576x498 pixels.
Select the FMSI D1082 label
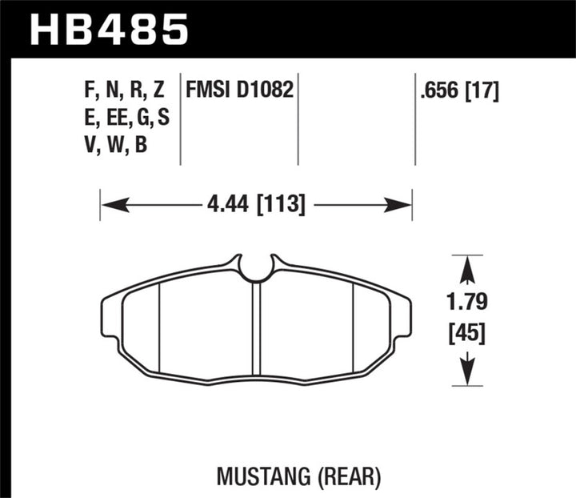tap(240, 90)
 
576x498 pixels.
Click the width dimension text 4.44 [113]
tap(256, 206)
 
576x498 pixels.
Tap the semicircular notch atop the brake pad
tap(256, 269)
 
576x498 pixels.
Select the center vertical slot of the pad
tap(257, 328)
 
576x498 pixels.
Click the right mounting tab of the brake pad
tap(402, 317)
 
